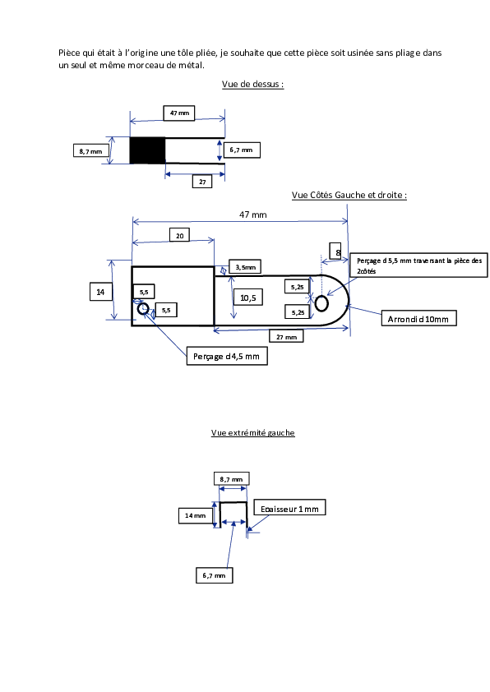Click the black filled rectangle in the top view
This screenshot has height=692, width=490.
147,150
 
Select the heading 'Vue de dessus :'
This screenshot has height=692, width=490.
252,84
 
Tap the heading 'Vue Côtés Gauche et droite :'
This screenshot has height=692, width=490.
349,195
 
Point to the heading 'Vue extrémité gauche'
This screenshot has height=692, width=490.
252,433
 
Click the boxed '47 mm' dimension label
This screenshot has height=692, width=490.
179,113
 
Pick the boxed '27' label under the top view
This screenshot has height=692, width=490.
202,182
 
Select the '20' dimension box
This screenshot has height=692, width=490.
180,235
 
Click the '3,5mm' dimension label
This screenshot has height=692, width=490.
245,267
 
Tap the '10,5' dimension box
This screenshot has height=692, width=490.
248,298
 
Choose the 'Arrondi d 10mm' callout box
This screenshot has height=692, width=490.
418,319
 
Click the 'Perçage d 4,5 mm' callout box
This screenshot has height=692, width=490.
227,356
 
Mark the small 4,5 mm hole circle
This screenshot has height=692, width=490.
143,308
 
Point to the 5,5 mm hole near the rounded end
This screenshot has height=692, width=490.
321,303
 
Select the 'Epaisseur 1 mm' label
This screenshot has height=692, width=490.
289,509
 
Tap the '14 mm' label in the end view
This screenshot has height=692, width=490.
196,515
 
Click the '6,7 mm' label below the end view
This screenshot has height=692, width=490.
214,575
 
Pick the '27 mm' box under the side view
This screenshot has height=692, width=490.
286,337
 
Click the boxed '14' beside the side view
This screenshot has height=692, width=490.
100,292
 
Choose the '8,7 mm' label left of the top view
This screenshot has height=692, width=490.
91,151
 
